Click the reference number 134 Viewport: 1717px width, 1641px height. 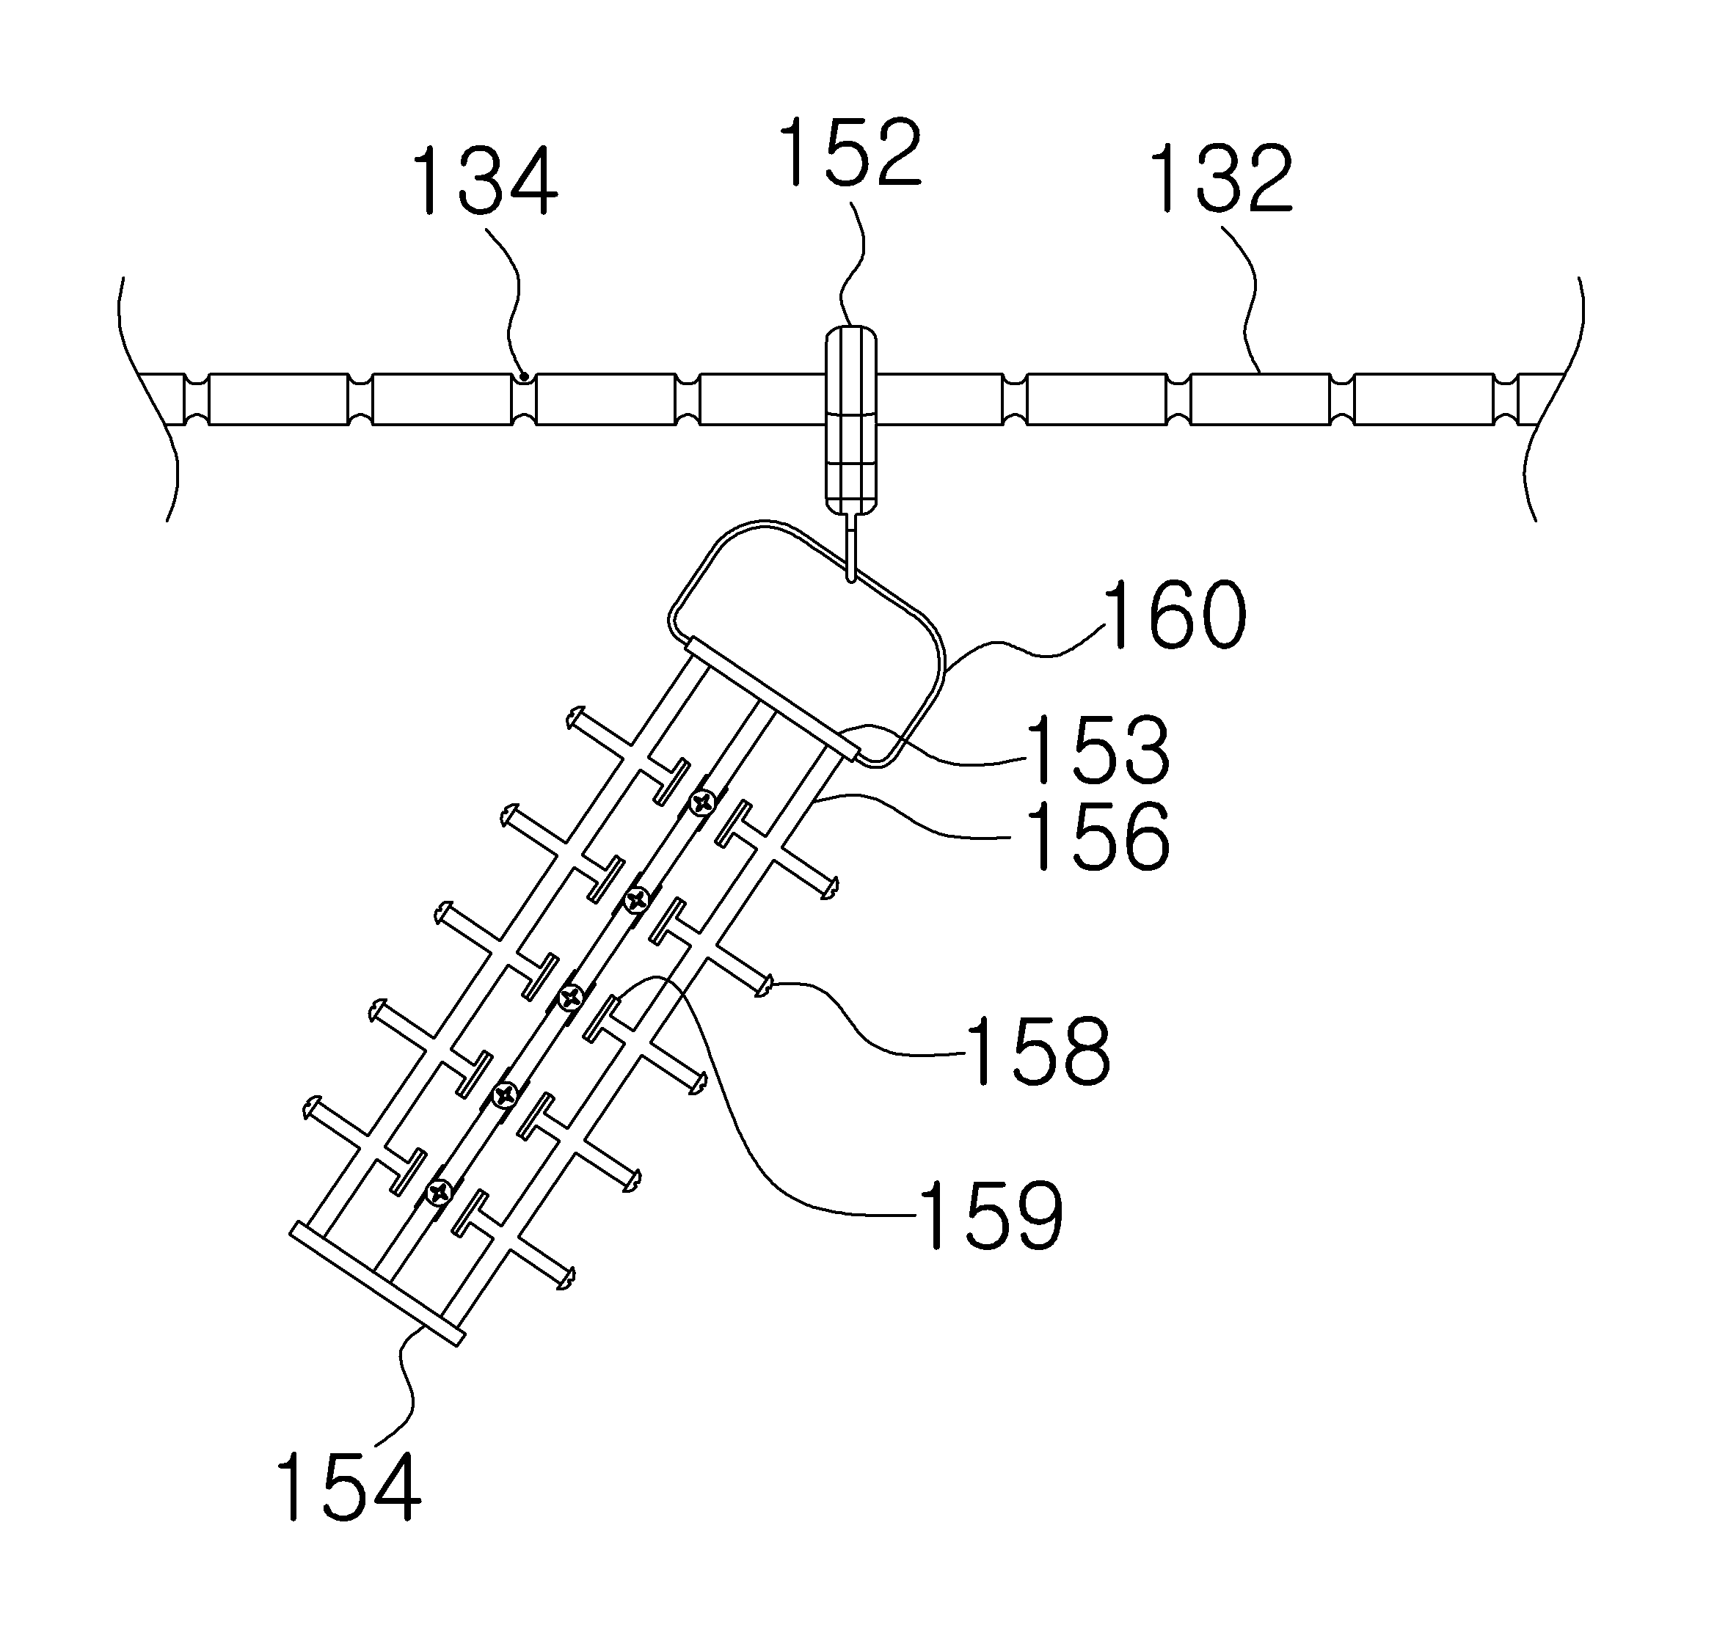point(484,181)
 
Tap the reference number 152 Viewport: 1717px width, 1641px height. point(850,153)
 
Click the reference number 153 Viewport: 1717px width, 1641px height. point(1098,750)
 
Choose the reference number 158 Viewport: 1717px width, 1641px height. point(1038,1050)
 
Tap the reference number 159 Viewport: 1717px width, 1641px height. point(990,1215)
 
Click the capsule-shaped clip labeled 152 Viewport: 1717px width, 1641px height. point(850,420)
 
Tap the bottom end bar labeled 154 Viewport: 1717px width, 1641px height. point(376,1283)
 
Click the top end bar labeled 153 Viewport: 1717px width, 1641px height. point(772,698)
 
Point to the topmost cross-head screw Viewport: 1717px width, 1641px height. point(703,801)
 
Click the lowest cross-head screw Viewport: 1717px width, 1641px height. point(439,1191)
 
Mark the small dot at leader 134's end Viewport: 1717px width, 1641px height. point(523,377)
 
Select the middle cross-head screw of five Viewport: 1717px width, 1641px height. point(572,995)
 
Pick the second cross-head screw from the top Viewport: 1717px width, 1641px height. point(637,899)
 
